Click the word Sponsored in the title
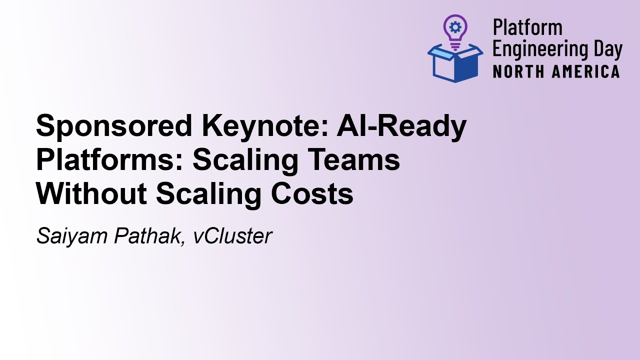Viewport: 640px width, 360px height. [114, 126]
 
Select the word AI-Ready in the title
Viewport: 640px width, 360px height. [401, 126]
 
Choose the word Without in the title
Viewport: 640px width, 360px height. [91, 194]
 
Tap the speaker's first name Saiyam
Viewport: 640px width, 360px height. [71, 236]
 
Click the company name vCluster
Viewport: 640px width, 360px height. [232, 236]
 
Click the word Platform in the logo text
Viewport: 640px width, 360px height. [527, 28]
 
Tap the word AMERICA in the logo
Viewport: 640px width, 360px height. [586, 71]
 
